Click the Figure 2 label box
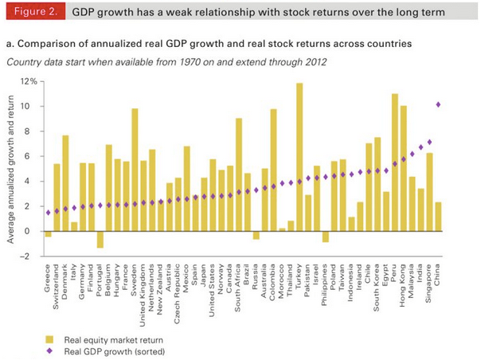pyautogui.click(x=32, y=13)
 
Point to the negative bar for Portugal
pyautogui.click(x=100, y=240)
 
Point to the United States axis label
pyautogui.click(x=213, y=288)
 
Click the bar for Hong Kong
pyautogui.click(x=404, y=168)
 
